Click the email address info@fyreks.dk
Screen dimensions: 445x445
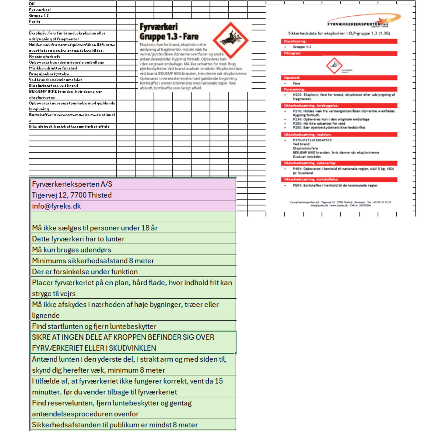click(x=56, y=206)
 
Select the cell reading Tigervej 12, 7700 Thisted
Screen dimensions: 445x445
click(x=72, y=195)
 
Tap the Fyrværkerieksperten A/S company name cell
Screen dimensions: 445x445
click(x=72, y=184)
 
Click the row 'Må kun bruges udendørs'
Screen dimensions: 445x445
click(x=71, y=250)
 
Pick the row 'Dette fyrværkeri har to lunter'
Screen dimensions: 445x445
click(x=78, y=239)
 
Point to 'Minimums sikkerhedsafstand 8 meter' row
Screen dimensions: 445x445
click(x=93, y=261)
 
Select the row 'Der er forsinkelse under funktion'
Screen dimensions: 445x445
click(x=85, y=272)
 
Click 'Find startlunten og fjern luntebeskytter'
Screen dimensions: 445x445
click(x=94, y=326)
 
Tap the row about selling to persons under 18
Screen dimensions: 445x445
click(x=95, y=228)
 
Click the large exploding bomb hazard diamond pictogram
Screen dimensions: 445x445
click(x=230, y=40)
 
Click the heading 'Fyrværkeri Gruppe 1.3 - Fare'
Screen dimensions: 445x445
click(x=169, y=32)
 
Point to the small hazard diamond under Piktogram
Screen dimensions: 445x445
click(x=334, y=65)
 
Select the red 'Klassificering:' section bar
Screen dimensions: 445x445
click(x=339, y=41)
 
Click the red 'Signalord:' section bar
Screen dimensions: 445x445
click(x=339, y=78)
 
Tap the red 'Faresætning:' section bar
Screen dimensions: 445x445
click(x=339, y=89)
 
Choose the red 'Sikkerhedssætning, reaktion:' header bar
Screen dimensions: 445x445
click(x=339, y=135)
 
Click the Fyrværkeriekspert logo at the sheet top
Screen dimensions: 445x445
click(x=363, y=21)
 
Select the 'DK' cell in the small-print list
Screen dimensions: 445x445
click(x=32, y=4)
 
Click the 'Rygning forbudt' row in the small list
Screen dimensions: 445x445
click(x=45, y=56)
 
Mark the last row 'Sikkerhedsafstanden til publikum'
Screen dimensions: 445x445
click(x=115, y=425)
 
